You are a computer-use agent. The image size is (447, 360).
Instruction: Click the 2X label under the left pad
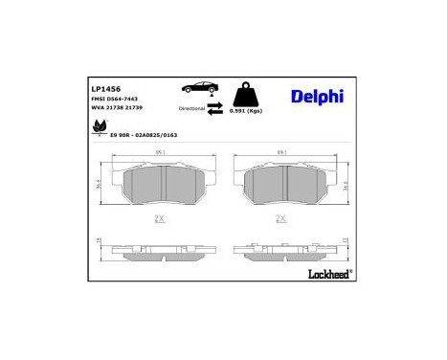pyautogui.click(x=160, y=218)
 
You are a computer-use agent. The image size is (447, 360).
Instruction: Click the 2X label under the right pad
pyautogui.click(x=281, y=218)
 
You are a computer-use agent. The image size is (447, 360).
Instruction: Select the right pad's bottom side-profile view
pyautogui.click(x=281, y=251)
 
